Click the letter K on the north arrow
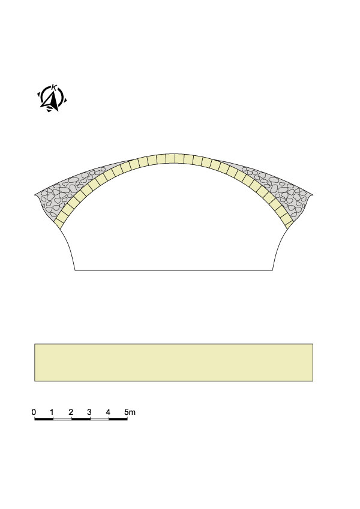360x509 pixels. (53, 87)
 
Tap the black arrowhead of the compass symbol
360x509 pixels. (52, 100)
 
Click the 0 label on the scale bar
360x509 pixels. (34, 412)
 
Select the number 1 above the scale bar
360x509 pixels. (52, 412)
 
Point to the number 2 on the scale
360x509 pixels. (71, 412)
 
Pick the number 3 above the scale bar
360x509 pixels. (89, 412)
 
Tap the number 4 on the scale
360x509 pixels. (108, 412)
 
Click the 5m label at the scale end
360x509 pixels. (130, 412)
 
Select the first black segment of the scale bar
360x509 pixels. (44, 419)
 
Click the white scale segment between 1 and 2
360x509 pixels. (62, 419)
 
